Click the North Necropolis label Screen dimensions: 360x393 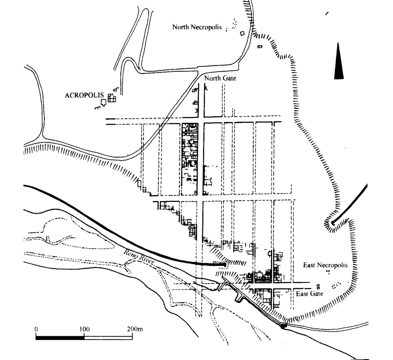click(x=197, y=27)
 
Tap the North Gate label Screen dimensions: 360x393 click(x=220, y=79)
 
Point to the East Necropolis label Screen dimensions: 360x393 click(x=325, y=265)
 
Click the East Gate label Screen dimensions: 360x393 click(x=310, y=294)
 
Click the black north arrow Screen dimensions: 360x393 click(x=339, y=61)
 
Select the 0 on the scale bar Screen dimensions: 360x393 click(x=36, y=329)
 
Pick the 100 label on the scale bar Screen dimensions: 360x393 click(x=84, y=329)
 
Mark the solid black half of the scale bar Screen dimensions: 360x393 click(x=60, y=338)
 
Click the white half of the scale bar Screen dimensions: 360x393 click(x=108, y=338)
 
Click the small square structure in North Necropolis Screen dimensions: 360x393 click(x=242, y=33)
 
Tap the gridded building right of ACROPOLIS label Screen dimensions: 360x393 click(x=111, y=98)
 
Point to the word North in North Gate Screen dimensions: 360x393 click(x=211, y=79)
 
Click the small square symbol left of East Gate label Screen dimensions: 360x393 click(x=317, y=286)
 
